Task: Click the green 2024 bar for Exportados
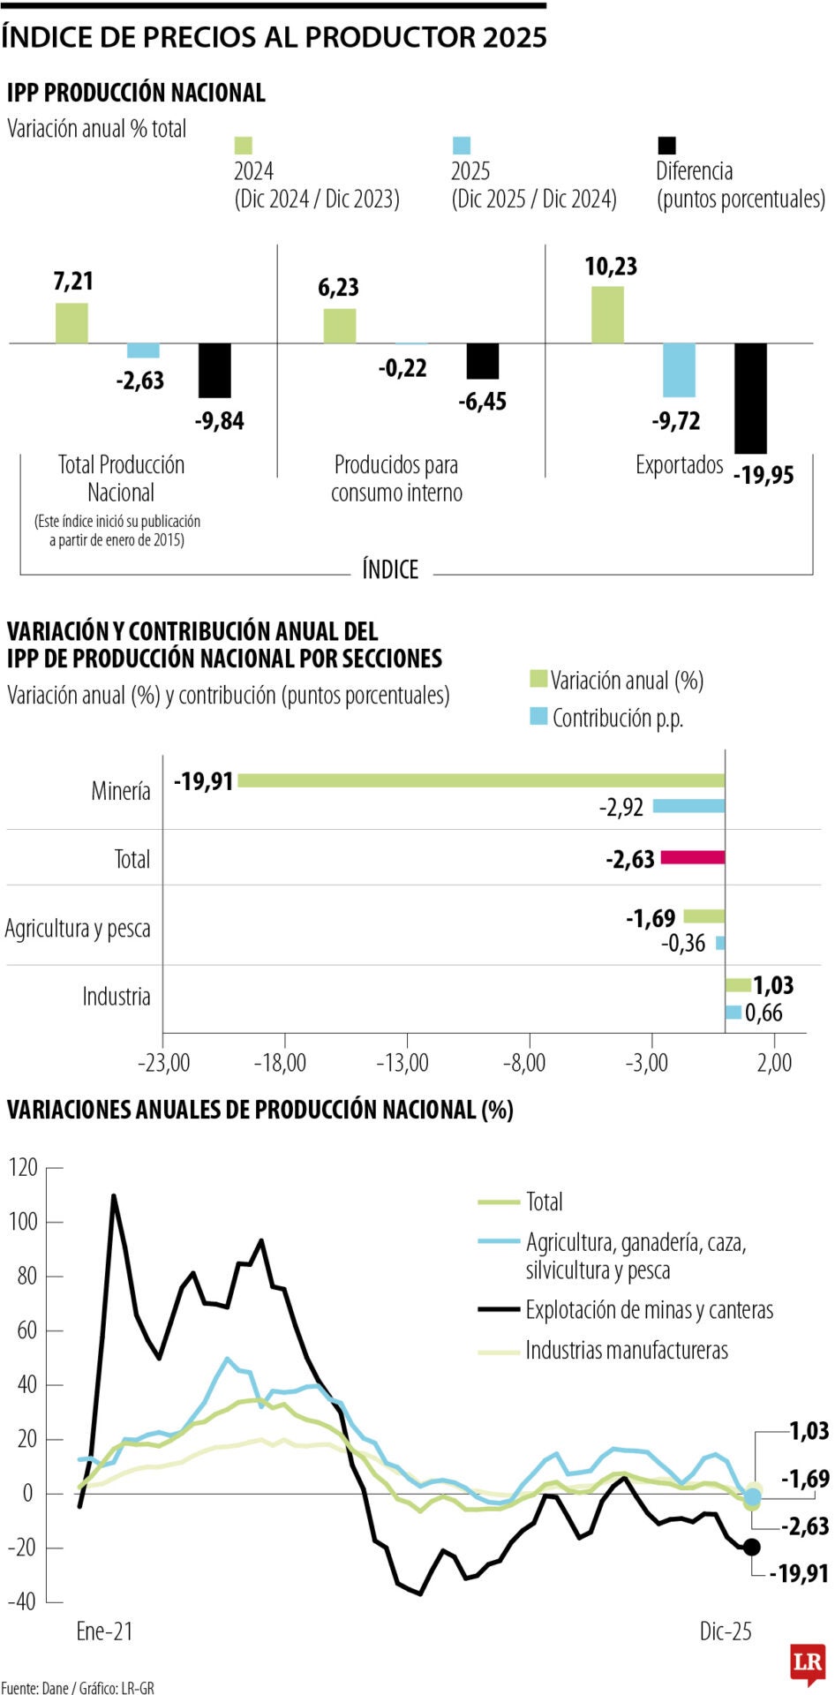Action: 607,314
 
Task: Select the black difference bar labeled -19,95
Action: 750,397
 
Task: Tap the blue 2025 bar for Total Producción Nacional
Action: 143,350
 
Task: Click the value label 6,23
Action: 339,288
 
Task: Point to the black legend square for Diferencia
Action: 666,146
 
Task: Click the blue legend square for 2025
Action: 462,146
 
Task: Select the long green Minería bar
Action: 481,780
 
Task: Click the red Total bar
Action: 693,857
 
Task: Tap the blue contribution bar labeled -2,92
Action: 688,806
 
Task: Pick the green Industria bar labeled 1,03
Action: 738,985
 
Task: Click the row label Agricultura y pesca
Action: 78,929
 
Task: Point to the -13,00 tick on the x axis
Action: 406,1062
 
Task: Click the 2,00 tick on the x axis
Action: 774,1062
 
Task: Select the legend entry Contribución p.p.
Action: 617,718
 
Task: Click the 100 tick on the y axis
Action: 24,1222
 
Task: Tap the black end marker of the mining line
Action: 752,1547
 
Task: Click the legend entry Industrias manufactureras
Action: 627,1351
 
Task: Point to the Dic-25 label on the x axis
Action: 726,1631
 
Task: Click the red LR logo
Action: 808,1662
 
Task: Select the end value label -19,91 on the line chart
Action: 799,1573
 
